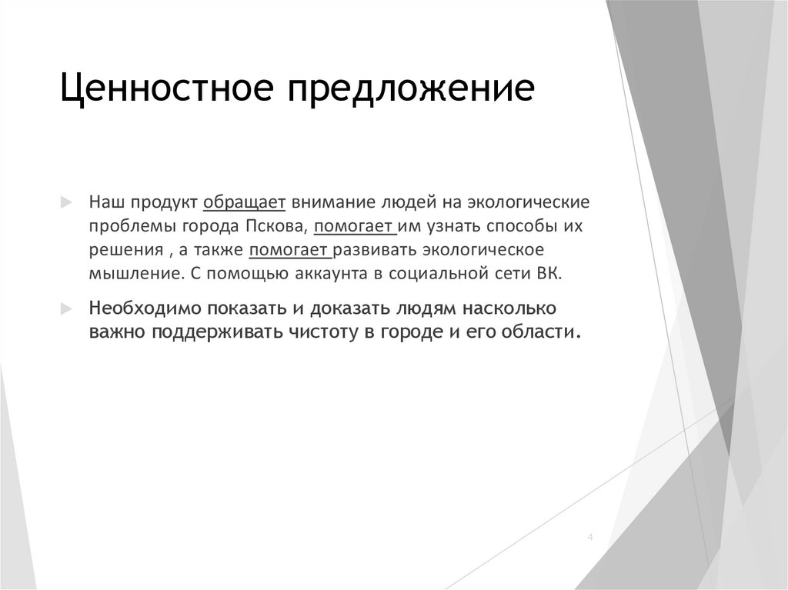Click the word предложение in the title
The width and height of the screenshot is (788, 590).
click(x=412, y=88)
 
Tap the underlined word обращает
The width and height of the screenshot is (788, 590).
click(x=245, y=202)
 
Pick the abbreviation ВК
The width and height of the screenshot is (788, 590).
click(x=553, y=273)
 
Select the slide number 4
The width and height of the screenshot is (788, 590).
click(x=590, y=536)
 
